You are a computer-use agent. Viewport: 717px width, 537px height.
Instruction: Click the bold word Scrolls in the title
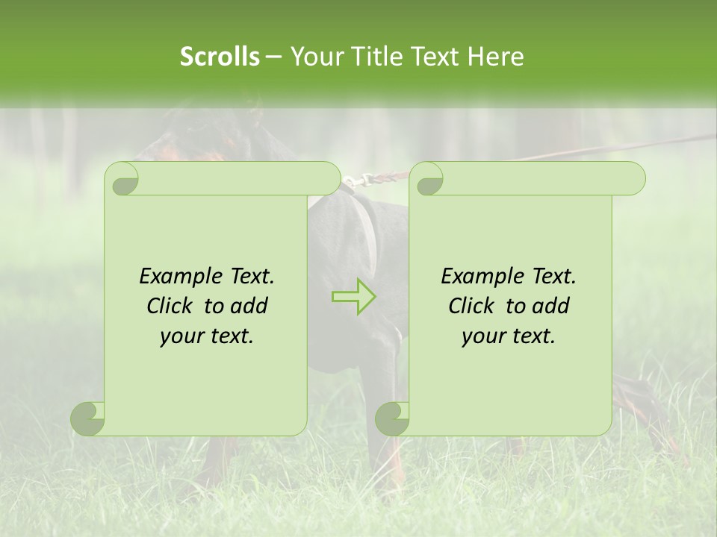point(220,57)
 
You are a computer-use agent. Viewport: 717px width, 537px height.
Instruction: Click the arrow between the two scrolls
point(353,296)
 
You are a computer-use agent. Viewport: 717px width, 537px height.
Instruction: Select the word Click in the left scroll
point(172,306)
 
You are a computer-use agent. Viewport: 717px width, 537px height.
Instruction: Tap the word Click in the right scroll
point(474,306)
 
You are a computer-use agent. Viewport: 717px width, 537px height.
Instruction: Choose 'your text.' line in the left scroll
point(207,336)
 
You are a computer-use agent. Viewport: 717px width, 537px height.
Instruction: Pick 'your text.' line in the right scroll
point(509,336)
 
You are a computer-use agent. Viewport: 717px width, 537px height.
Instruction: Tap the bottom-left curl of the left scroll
point(87,418)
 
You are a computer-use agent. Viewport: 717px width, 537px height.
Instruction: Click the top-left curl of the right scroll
point(429,179)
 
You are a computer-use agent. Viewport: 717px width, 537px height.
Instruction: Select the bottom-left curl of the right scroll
point(392,418)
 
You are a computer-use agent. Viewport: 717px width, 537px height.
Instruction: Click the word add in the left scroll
point(249,306)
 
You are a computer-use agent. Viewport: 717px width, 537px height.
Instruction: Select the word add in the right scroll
point(551,306)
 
